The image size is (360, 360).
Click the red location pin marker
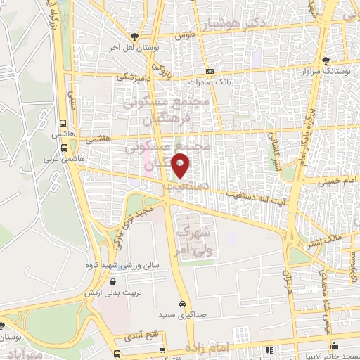click(181, 166)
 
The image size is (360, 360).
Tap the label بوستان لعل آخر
click(134, 47)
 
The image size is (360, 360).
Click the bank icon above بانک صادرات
click(210, 72)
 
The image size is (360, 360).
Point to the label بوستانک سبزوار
click(326, 71)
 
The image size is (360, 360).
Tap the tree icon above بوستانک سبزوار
click(326, 60)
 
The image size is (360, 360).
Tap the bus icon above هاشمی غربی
click(65, 148)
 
